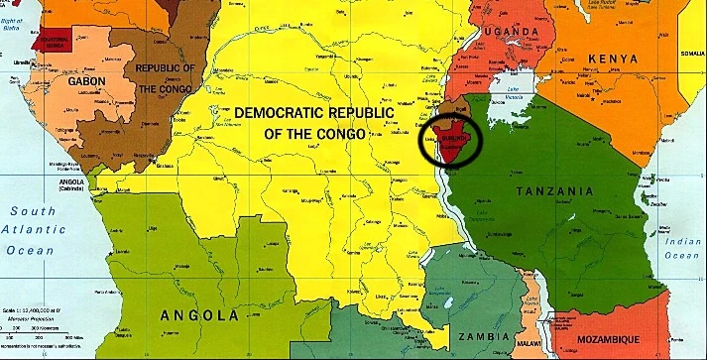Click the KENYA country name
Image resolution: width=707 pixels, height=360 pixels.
point(614,60)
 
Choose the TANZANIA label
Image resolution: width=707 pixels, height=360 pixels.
point(560,190)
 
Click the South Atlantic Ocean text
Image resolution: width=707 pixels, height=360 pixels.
point(33,230)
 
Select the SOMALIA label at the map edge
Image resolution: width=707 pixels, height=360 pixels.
point(691,52)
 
